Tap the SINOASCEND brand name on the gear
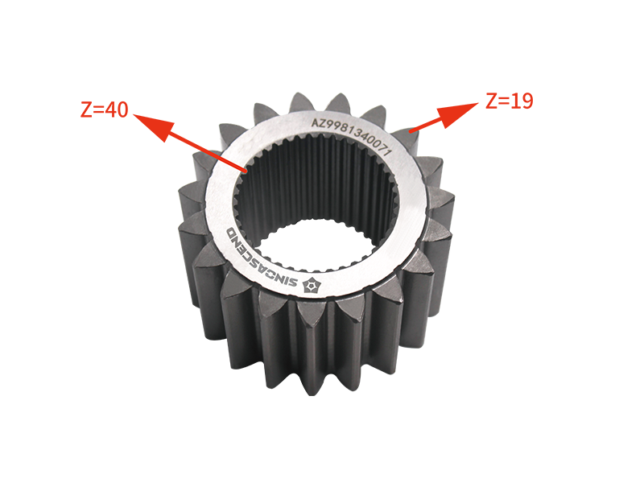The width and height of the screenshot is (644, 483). pyautogui.click(x=266, y=260)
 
